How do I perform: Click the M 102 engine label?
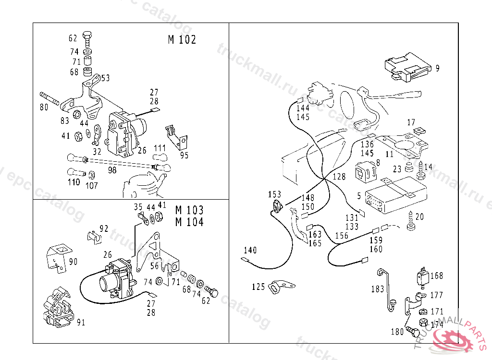[182, 39]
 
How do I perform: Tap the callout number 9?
[437, 68]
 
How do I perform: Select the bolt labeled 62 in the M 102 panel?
[87, 38]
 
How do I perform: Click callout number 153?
[274, 194]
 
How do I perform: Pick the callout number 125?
[258, 287]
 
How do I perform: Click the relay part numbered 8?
[365, 172]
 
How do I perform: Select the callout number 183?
[378, 289]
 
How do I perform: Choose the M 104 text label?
[189, 222]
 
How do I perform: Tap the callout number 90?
[73, 261]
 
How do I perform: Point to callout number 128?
[339, 177]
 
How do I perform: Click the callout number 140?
[250, 250]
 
